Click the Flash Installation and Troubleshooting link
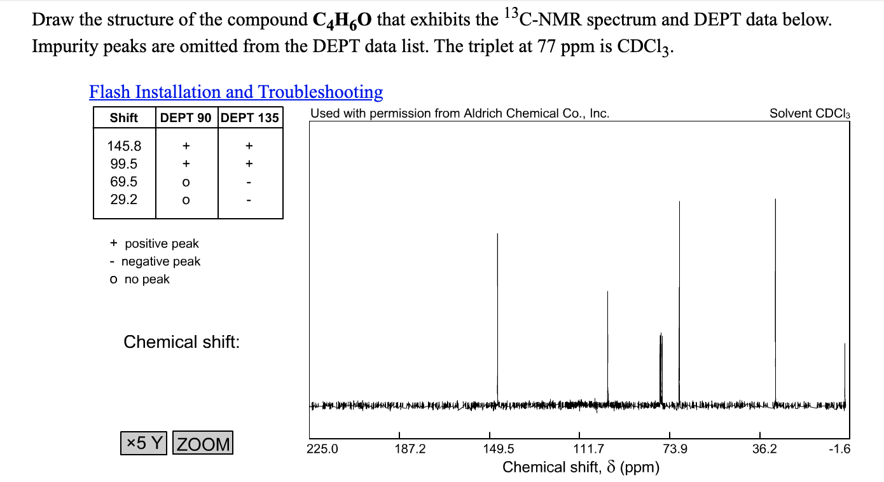[x=236, y=92]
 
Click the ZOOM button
[x=203, y=443]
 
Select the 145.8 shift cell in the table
[x=124, y=146]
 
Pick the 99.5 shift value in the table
[x=124, y=163]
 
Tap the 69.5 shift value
[x=124, y=181]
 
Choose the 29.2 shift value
[x=124, y=199]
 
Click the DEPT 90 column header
[x=186, y=118]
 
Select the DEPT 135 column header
[x=250, y=118]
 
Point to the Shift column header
[x=124, y=118]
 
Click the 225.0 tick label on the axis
[x=323, y=449]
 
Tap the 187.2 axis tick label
[x=410, y=449]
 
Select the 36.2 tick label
[x=764, y=449]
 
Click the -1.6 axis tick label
[x=839, y=449]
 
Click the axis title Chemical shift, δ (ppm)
[x=581, y=467]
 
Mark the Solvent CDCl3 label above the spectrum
[x=810, y=114]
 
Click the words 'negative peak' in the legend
[x=160, y=261]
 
